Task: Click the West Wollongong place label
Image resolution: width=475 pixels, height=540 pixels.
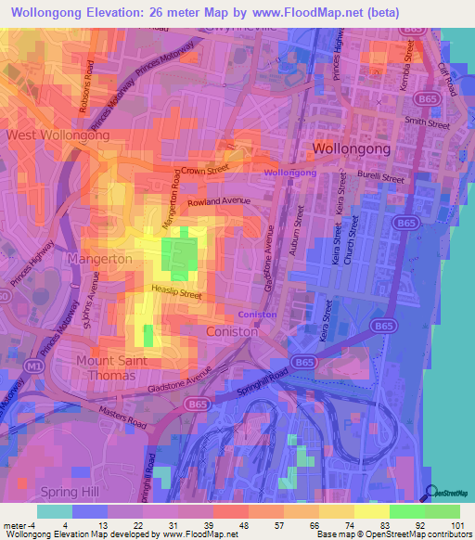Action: tap(58, 135)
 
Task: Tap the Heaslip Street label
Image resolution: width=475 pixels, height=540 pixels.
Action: tap(176, 293)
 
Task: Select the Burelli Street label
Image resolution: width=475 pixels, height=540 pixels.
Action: tap(381, 176)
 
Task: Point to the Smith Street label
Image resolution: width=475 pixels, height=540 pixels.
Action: tap(427, 122)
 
